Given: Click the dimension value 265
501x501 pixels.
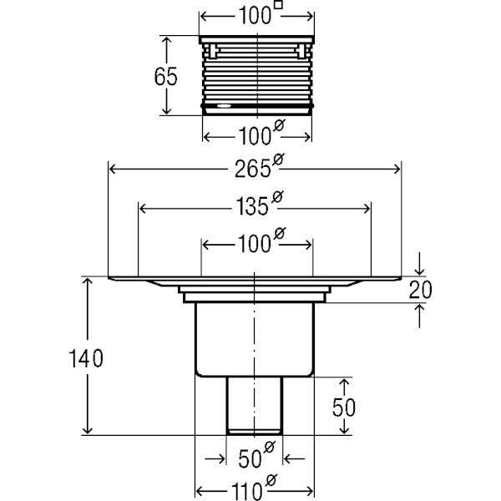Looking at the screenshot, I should tap(250, 170).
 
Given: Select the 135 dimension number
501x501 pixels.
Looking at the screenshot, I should tap(250, 205).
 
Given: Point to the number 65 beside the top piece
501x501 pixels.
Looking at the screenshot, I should tap(166, 77).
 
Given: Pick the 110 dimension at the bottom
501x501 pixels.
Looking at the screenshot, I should tap(250, 487).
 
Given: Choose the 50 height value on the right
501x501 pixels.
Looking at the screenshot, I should tap(344, 407).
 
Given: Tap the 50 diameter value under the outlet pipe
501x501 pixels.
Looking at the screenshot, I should tap(250, 458).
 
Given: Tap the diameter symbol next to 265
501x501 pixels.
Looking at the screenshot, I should tap(275, 163).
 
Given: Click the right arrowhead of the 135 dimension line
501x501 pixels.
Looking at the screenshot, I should tap(368, 205).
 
